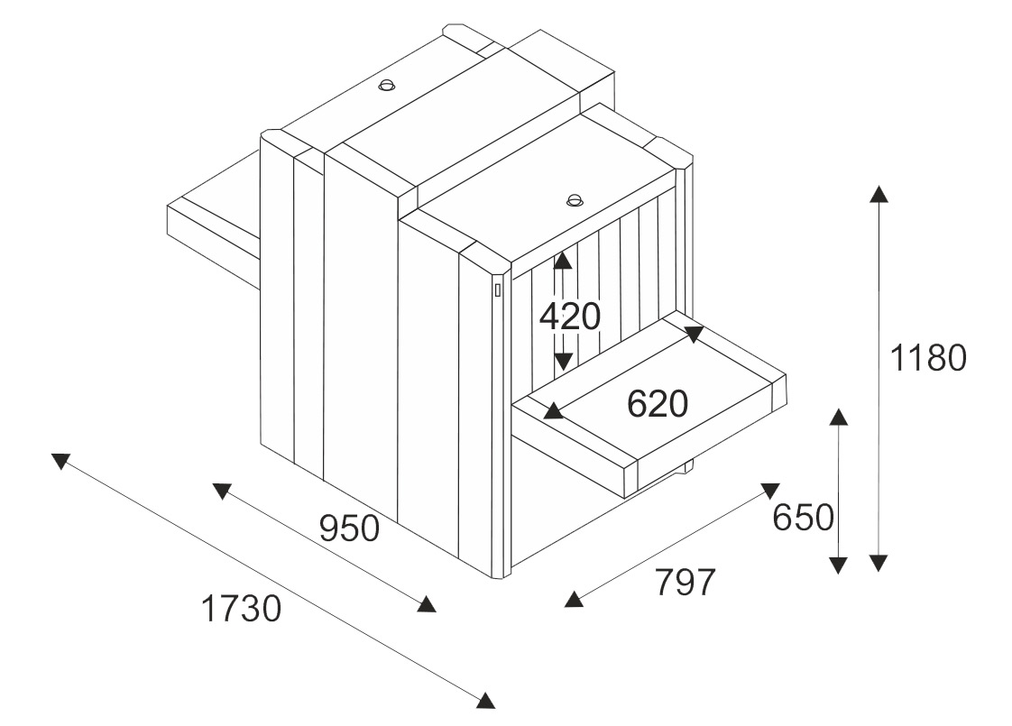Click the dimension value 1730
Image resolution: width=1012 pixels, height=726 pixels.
pyautogui.click(x=241, y=611)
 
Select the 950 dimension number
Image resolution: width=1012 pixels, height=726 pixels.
pyautogui.click(x=349, y=528)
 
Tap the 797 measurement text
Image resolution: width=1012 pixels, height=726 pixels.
pyautogui.click(x=685, y=583)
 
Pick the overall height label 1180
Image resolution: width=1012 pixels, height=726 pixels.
pyautogui.click(x=928, y=359)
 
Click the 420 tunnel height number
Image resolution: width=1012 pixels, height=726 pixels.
pyautogui.click(x=569, y=317)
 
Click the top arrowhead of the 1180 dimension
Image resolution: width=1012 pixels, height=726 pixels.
pyautogui.click(x=879, y=193)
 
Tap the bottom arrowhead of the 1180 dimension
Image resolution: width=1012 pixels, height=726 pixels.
pyautogui.click(x=879, y=564)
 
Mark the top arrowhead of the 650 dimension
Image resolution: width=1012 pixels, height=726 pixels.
pyautogui.click(x=839, y=417)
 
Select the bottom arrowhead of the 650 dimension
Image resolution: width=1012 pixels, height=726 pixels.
pyautogui.click(x=839, y=565)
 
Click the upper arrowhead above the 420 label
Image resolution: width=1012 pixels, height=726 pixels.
pyautogui.click(x=563, y=260)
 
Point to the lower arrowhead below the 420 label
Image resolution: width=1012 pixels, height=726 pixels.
pyautogui.click(x=563, y=362)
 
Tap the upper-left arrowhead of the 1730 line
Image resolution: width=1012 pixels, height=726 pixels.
pyautogui.click(x=60, y=460)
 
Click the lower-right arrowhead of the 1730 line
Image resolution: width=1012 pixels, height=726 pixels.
pyautogui.click(x=486, y=700)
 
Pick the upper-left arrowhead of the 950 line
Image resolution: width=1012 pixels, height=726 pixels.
pyautogui.click(x=221, y=490)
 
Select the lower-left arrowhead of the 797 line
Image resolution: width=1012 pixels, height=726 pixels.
pyautogui.click(x=572, y=600)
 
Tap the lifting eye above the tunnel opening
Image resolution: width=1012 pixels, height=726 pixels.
pyautogui.click(x=575, y=198)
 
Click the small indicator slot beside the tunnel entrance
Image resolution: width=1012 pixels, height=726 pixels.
pyautogui.click(x=497, y=290)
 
